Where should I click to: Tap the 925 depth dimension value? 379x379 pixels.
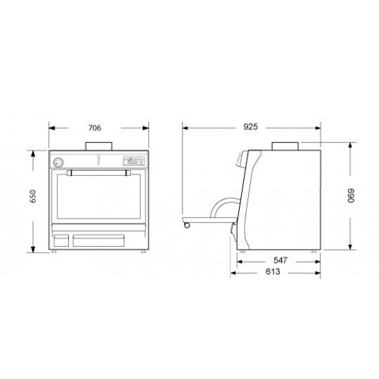coord(251,128)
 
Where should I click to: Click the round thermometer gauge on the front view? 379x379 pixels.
coord(59,163)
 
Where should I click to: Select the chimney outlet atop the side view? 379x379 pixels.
coord(285,145)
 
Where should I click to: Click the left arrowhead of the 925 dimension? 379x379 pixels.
coord(184,128)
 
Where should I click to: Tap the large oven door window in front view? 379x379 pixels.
coord(100,200)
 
